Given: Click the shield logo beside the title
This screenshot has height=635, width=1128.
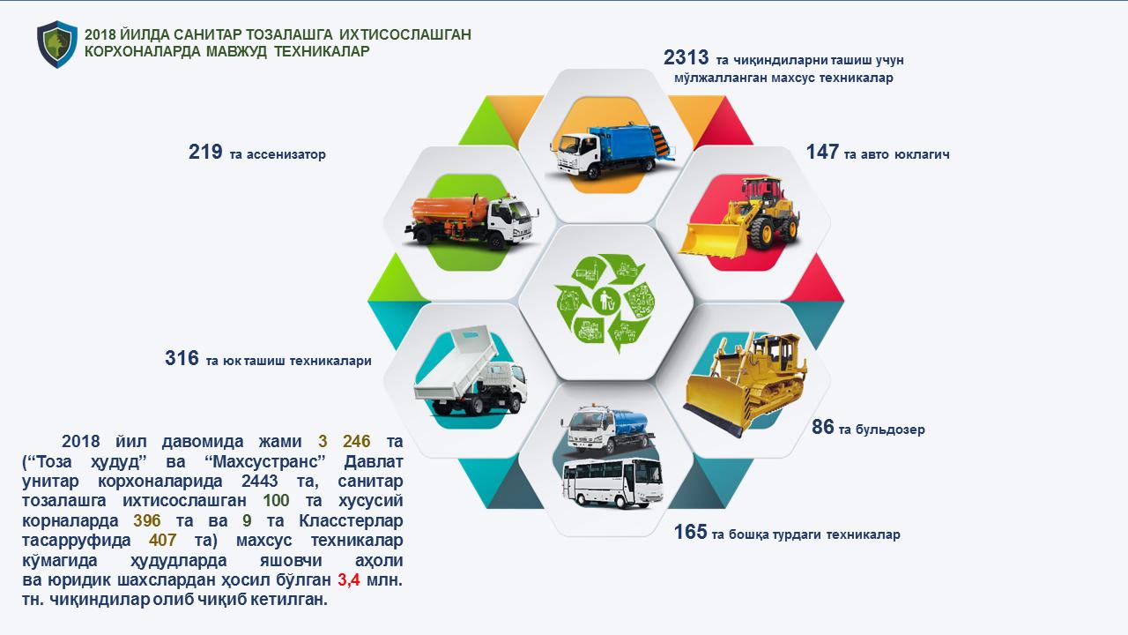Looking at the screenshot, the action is [x=57, y=44].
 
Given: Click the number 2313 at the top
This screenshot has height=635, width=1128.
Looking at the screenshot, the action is [x=686, y=58].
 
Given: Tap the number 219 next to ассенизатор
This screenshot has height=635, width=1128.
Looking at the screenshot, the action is [x=205, y=152].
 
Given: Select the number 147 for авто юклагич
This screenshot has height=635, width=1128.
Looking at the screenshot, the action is [x=822, y=152].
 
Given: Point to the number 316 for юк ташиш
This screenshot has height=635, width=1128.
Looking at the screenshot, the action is [x=182, y=358].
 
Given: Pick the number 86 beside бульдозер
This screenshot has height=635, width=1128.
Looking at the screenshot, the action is [x=823, y=427].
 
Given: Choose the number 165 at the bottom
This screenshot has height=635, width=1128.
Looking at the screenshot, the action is [x=690, y=532].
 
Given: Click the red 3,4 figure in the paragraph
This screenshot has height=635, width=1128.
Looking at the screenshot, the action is [x=348, y=580].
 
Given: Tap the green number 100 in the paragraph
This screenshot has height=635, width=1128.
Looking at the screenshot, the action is [x=276, y=500].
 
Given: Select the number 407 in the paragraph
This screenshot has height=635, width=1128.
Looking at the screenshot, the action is [x=162, y=541].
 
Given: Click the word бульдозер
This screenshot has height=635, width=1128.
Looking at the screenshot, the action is [x=883, y=430].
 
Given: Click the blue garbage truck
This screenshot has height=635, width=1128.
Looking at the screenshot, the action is [x=612, y=150].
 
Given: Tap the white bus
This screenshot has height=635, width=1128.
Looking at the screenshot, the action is [x=612, y=482].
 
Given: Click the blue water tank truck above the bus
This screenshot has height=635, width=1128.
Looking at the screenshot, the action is [x=608, y=429].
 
